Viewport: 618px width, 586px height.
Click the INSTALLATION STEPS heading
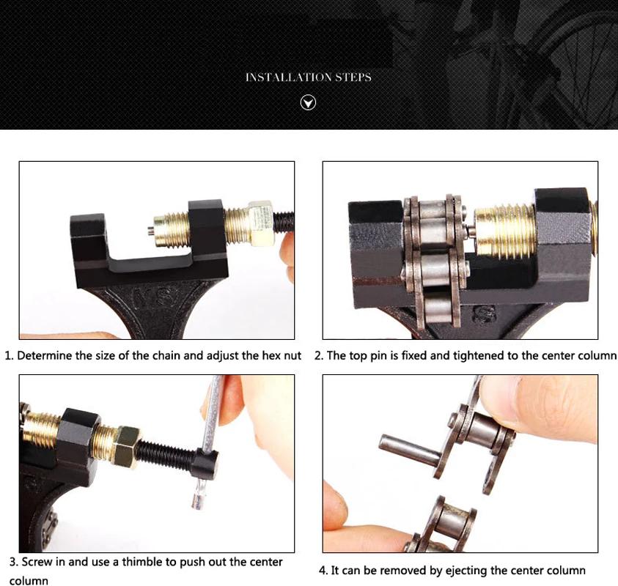[308, 77]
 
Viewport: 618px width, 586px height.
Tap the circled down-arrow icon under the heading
[309, 103]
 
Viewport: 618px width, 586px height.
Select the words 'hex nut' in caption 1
[282, 356]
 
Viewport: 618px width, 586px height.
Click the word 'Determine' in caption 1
[43, 356]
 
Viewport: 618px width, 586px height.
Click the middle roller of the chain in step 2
[436, 263]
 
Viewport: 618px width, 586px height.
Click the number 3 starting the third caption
[13, 563]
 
